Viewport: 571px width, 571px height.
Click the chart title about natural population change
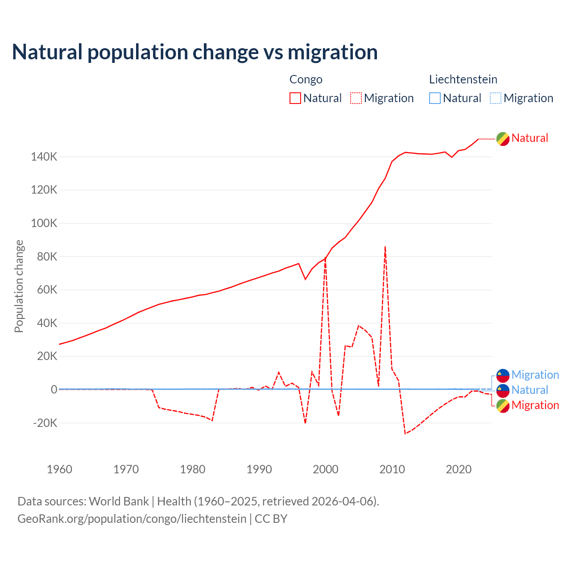pyautogui.click(x=195, y=52)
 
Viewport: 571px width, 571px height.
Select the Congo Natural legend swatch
pyautogui.click(x=295, y=98)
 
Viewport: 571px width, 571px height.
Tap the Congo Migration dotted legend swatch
pyautogui.click(x=356, y=98)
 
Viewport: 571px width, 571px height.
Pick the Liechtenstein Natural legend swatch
pyautogui.click(x=435, y=98)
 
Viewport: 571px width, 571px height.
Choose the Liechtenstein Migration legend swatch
pyautogui.click(x=496, y=98)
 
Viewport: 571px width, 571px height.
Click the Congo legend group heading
pyautogui.click(x=306, y=79)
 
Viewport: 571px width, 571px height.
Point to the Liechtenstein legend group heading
pyautogui.click(x=463, y=79)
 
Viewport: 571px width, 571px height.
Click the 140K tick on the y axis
pyautogui.click(x=44, y=157)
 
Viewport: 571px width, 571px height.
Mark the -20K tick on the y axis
pyautogui.click(x=45, y=423)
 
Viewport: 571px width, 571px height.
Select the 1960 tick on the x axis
pyautogui.click(x=59, y=469)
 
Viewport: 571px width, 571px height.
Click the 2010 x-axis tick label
pyautogui.click(x=392, y=469)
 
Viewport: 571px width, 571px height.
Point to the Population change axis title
pyautogui.click(x=19, y=286)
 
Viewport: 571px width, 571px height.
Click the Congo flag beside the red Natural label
pyautogui.click(x=503, y=139)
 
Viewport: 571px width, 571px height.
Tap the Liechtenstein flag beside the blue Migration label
pyautogui.click(x=503, y=375)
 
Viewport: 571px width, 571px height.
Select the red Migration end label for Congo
pyautogui.click(x=535, y=405)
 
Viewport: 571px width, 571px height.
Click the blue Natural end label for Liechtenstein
pyautogui.click(x=530, y=390)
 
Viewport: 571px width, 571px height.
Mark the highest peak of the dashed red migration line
pyautogui.click(x=385, y=247)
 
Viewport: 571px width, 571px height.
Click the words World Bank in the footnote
pyautogui.click(x=119, y=501)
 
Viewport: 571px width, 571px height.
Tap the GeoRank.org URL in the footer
pyautogui.click(x=132, y=519)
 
